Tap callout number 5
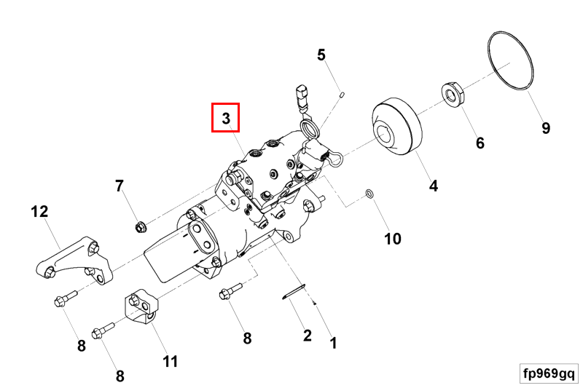point(321,54)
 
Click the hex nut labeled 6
point(453,95)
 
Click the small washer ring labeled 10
point(370,194)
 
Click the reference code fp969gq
point(549,373)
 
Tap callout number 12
point(39,212)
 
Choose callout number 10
point(393,239)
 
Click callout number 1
point(333,341)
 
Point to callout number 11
point(170,361)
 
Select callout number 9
point(545,129)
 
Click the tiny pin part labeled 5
point(342,93)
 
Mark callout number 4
point(434,186)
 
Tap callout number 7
point(120,186)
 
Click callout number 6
point(480,143)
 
